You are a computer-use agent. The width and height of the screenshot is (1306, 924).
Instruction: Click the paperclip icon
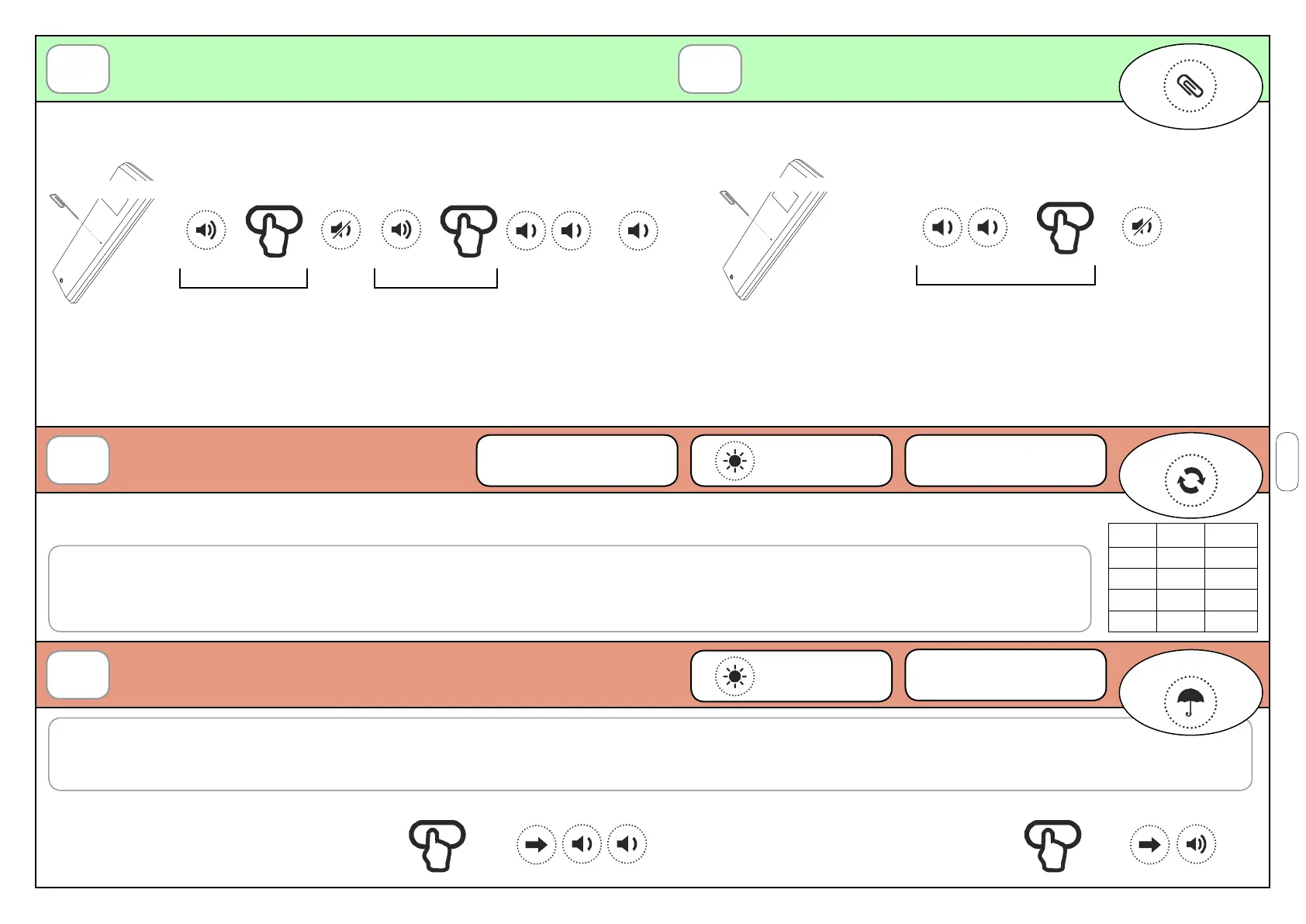tap(1190, 86)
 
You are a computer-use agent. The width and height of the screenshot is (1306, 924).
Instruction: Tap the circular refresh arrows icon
tap(1190, 480)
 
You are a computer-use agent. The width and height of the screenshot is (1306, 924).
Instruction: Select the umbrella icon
tap(1190, 702)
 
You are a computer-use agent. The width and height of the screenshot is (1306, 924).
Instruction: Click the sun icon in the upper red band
tap(734, 461)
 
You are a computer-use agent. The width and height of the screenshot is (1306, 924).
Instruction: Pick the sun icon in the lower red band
tap(734, 677)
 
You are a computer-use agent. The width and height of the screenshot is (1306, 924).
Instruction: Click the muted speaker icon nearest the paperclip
tap(1142, 227)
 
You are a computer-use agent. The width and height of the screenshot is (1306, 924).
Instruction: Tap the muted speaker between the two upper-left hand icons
tap(340, 230)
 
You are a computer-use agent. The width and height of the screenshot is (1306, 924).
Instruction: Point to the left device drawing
tap(102, 233)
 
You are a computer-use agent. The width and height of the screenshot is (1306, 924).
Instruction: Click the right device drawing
tap(772, 230)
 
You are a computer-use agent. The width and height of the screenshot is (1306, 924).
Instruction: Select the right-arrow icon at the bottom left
tap(536, 844)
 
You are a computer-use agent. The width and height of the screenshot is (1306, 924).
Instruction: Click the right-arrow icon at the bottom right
tap(1149, 844)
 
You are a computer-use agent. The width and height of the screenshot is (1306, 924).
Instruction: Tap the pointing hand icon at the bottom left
tap(437, 845)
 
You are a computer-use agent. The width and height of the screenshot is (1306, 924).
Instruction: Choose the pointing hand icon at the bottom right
tap(1052, 845)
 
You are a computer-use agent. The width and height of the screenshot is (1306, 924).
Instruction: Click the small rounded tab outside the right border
tap(1287, 462)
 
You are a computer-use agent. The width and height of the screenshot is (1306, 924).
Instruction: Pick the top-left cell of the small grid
tap(1132, 535)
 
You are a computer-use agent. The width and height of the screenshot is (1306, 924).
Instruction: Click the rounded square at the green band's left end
tap(78, 69)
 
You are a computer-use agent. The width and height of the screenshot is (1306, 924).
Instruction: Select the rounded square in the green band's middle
tap(710, 69)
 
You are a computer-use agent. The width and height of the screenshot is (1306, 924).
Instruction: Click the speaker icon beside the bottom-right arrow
tap(1196, 844)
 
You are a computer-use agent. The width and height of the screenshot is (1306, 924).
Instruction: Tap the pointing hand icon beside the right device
tap(1065, 227)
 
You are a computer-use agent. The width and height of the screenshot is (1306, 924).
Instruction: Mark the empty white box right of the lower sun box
tap(1005, 676)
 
